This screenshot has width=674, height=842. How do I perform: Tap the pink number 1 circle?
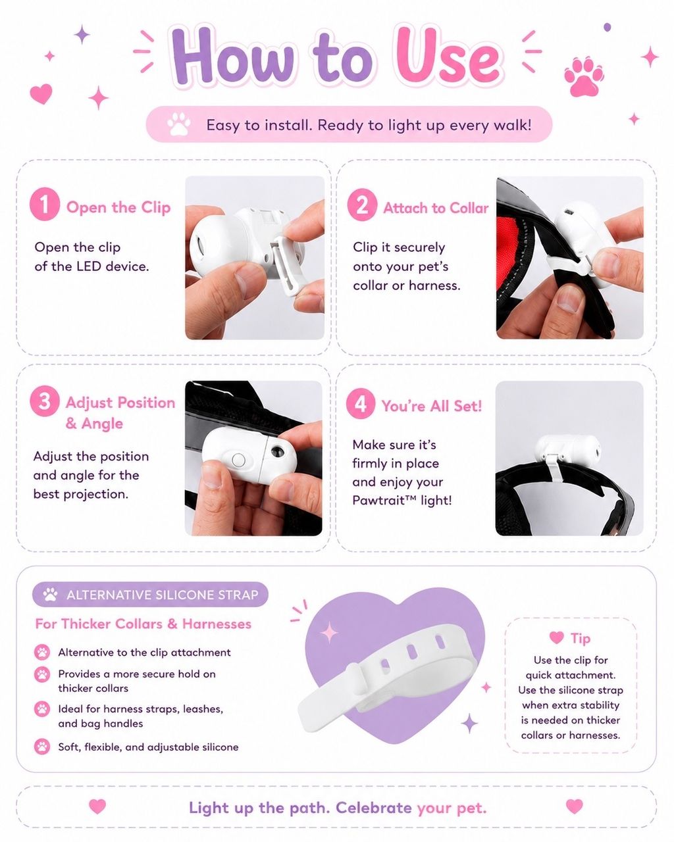(45, 204)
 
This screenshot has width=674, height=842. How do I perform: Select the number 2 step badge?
(362, 204)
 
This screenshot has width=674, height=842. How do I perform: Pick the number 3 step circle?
(45, 401)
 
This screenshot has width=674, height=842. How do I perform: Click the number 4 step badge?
(361, 403)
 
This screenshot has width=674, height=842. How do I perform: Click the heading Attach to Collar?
(436, 208)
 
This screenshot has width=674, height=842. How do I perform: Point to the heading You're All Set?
(432, 406)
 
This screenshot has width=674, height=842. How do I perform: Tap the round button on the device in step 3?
(238, 459)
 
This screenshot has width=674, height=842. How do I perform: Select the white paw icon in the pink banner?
(179, 124)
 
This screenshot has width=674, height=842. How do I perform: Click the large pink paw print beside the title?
(584, 77)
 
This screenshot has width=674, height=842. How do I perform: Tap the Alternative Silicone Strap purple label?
(150, 594)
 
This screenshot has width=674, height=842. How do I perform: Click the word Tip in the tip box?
(580, 639)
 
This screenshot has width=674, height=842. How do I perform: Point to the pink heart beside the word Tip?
(556, 637)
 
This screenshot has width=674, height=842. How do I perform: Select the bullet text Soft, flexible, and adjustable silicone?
(148, 747)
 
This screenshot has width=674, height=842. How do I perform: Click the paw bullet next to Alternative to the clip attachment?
(42, 653)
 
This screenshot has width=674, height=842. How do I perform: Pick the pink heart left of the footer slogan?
(97, 806)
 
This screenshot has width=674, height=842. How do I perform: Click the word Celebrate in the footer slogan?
(374, 808)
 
